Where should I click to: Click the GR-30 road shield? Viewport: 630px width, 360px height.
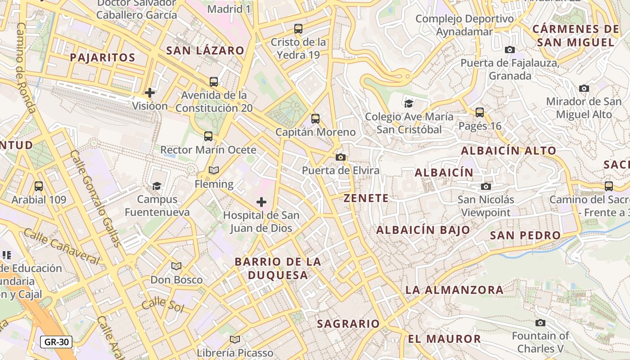57,342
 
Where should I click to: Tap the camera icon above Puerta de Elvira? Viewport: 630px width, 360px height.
341,157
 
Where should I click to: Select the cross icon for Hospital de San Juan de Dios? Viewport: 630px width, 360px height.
261,202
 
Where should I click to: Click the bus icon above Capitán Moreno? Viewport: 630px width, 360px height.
315,119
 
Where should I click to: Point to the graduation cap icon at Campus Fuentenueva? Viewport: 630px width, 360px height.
157,186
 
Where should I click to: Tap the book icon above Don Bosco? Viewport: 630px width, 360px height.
176,266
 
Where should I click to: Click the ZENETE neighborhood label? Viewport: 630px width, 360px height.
366,198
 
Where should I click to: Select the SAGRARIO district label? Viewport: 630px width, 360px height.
348,324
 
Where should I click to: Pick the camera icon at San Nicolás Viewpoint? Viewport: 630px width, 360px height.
486,186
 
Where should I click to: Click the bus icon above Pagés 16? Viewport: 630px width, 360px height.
480,112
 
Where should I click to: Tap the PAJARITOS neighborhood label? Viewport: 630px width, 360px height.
103,58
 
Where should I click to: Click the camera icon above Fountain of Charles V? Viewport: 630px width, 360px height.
540,323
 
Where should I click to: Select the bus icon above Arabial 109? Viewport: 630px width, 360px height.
39,186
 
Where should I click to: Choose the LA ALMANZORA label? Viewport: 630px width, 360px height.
454,290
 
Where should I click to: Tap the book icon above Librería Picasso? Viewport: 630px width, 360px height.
235,339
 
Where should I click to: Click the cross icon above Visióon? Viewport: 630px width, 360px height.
150,93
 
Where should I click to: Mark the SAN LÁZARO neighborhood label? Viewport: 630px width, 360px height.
205,50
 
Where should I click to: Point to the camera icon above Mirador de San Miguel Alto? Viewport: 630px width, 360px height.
584,88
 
